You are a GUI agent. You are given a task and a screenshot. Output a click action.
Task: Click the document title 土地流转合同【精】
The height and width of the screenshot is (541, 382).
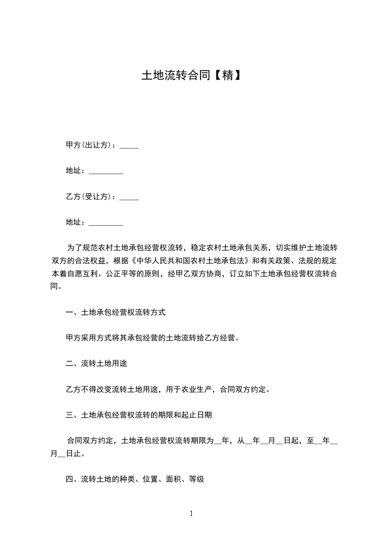coord(191,76)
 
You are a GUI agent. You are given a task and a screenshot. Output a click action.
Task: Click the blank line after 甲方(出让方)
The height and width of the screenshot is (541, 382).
coord(129,146)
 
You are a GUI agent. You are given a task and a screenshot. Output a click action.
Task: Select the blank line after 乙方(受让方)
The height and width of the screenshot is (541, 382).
coord(129,197)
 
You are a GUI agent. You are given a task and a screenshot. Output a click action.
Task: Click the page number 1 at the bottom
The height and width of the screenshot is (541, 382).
coord(191,514)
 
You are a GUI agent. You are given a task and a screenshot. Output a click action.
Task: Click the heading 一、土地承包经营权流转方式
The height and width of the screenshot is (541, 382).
coord(116,312)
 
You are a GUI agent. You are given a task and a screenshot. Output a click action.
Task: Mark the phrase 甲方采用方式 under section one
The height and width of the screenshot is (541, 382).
coord(89,338)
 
